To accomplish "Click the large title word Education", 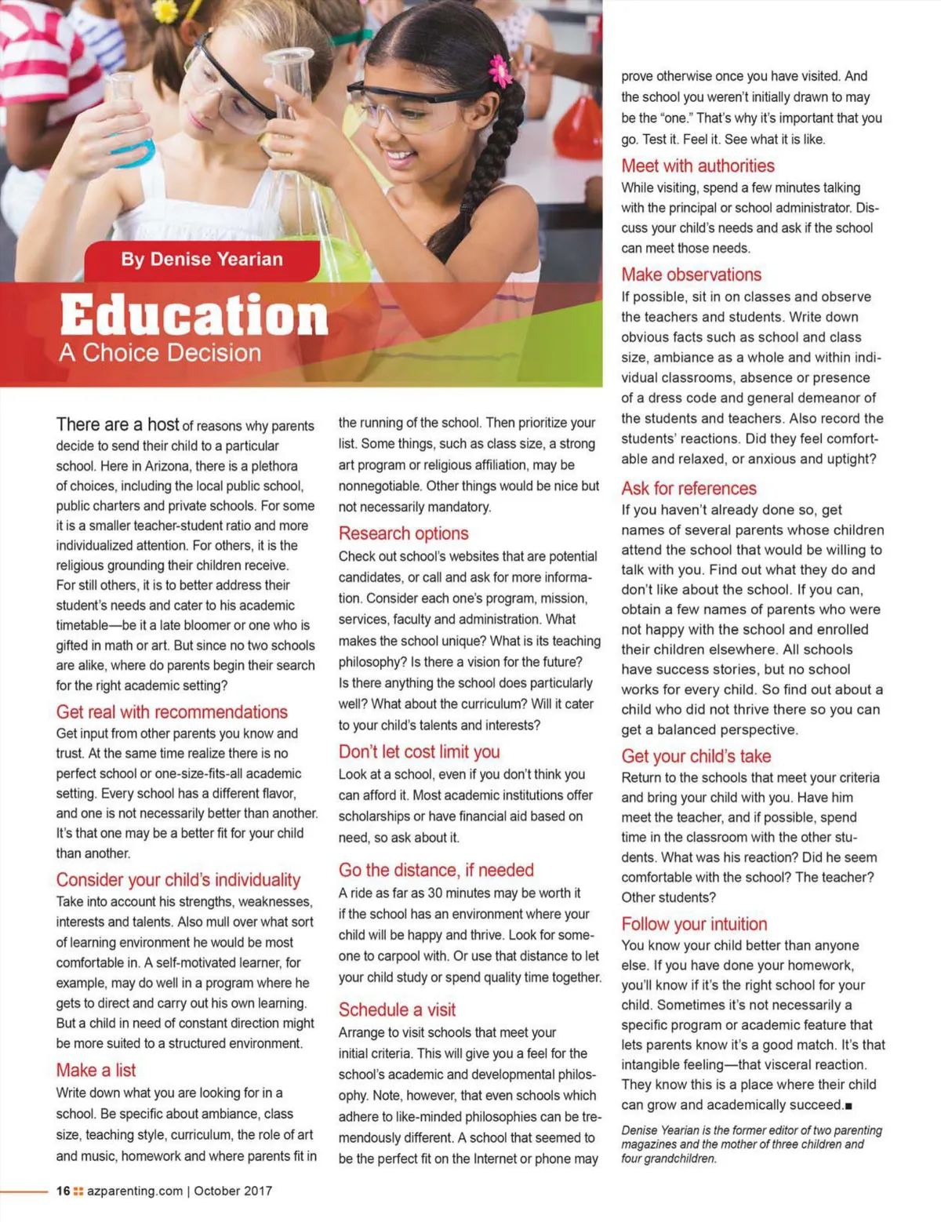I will click(x=194, y=315).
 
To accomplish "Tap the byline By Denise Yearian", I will click(x=202, y=260).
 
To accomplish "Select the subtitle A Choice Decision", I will click(x=160, y=353).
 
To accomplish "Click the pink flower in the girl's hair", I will click(x=500, y=70).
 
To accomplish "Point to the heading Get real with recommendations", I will click(x=172, y=712).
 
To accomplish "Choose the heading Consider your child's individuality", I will click(x=178, y=880).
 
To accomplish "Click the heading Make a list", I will click(x=96, y=1071).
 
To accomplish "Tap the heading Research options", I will click(x=403, y=534).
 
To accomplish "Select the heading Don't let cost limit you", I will click(x=419, y=752).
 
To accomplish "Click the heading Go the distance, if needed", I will click(x=436, y=871).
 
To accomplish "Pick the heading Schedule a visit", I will click(x=397, y=1010).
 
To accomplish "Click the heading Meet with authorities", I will click(x=698, y=166).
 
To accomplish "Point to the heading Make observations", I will click(x=691, y=275).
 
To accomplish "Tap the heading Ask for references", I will click(x=688, y=489).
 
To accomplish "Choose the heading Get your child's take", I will click(x=696, y=757).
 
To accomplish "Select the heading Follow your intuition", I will click(x=694, y=925).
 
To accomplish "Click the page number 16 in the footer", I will click(x=63, y=1191).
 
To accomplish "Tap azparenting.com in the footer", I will click(x=135, y=1191).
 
